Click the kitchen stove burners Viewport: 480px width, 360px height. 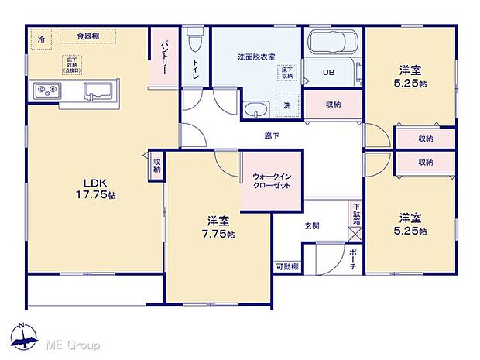coord(46,91)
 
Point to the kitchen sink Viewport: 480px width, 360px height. coord(97,91)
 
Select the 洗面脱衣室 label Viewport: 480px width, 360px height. coord(256,57)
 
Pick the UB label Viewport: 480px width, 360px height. coord(328,73)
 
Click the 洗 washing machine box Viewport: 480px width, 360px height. coord(286,105)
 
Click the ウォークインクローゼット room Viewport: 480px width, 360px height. coord(270,181)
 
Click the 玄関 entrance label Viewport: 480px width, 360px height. coord(311,226)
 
